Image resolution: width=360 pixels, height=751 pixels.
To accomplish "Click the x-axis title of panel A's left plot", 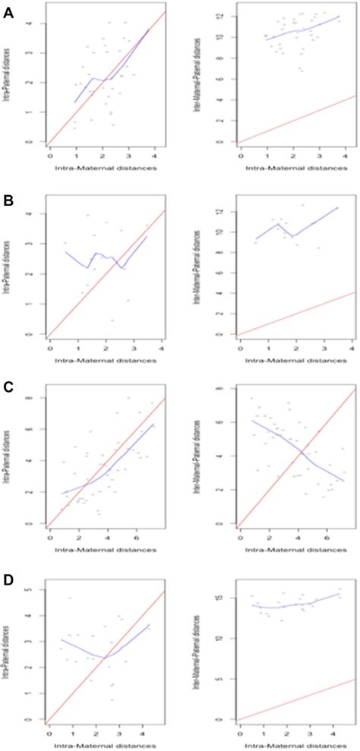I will (106, 167).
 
